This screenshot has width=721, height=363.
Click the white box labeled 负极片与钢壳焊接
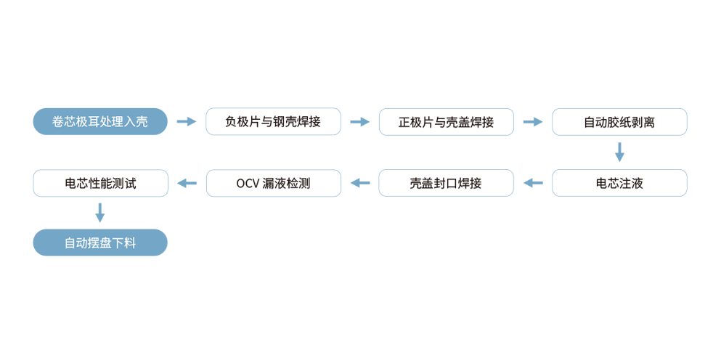(x=273, y=122)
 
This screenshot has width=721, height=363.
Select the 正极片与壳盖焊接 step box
(x=446, y=122)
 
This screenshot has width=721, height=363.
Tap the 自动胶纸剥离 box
(x=619, y=122)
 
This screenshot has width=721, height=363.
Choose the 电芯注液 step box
(x=619, y=184)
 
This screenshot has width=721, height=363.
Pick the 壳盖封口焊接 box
(x=446, y=184)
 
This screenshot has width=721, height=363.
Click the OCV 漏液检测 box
(x=273, y=184)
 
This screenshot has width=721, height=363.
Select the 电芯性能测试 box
(x=100, y=184)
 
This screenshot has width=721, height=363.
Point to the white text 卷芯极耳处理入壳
(x=100, y=121)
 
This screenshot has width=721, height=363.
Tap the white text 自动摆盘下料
(x=100, y=243)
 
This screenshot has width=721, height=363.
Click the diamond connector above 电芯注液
(x=619, y=152)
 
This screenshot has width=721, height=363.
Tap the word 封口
(x=446, y=184)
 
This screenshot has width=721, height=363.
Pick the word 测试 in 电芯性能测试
(x=124, y=184)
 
